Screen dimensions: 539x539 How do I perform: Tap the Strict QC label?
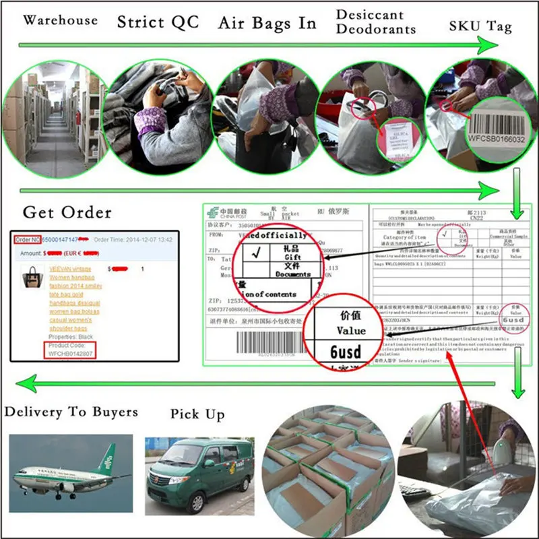point(158,22)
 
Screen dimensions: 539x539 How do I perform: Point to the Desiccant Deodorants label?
point(376,22)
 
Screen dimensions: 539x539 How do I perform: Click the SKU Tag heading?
point(480,26)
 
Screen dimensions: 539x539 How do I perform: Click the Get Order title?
point(67,212)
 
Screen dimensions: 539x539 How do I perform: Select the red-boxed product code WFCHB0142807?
point(71,352)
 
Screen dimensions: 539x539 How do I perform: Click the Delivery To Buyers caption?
point(71,412)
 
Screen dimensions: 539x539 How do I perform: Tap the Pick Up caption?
point(197,414)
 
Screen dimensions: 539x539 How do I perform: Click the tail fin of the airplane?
point(106,460)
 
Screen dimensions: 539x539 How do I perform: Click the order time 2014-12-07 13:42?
point(143,239)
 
